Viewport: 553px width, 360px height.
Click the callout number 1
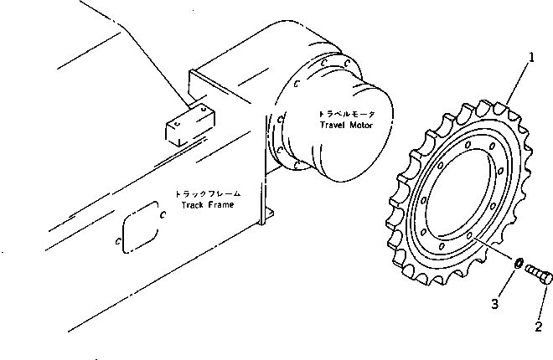click(530, 59)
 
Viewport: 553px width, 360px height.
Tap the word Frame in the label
click(220, 204)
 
